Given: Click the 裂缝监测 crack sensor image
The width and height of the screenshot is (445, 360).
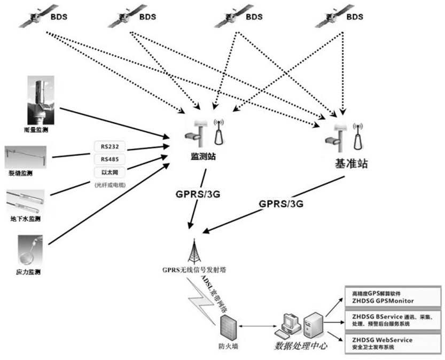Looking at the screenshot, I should coord(26,155).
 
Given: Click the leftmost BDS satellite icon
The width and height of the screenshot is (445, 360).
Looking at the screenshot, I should coord(33,19).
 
